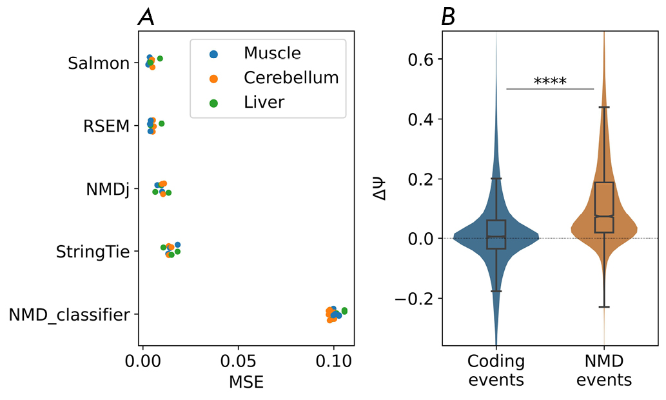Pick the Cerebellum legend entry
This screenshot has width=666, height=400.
pyautogui.click(x=291, y=78)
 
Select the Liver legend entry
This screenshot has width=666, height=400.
pyautogui.click(x=264, y=102)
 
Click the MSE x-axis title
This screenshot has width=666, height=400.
pyautogui.click(x=246, y=382)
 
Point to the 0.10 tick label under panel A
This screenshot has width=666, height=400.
pyautogui.click(x=333, y=359)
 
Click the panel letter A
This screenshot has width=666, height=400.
pyautogui.click(x=146, y=19)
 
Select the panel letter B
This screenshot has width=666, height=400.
pyautogui.click(x=447, y=19)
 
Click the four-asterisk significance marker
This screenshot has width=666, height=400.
pyautogui.click(x=550, y=82)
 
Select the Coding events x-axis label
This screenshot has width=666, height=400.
pyautogui.click(x=496, y=370)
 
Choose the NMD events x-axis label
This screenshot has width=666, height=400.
pyautogui.click(x=604, y=370)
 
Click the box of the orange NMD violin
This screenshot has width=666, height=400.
pyautogui.click(x=604, y=206)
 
